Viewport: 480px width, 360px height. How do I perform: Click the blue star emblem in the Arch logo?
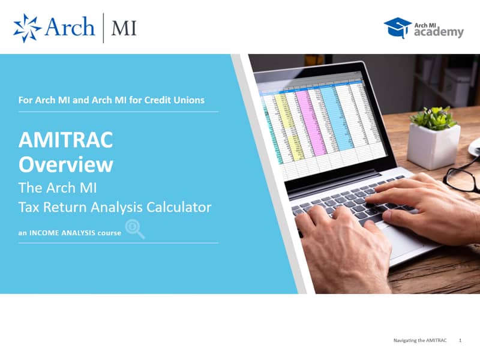[x=27, y=28]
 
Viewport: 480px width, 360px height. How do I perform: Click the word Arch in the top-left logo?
[x=70, y=26]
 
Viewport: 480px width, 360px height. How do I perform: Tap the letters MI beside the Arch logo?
[x=124, y=28]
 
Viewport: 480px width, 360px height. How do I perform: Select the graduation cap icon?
[x=397, y=28]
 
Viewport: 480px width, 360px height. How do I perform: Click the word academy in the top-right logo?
[x=439, y=32]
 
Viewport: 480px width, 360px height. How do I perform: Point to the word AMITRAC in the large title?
[x=66, y=140]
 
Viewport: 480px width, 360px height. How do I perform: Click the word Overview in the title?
[x=66, y=164]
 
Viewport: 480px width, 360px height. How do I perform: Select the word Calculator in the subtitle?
[x=179, y=207]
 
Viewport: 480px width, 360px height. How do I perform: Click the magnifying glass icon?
[x=134, y=229]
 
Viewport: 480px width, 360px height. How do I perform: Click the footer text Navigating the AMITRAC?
[x=420, y=340]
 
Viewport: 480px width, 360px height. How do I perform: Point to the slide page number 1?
[x=460, y=340]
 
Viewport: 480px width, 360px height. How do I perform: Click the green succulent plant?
[x=433, y=118]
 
